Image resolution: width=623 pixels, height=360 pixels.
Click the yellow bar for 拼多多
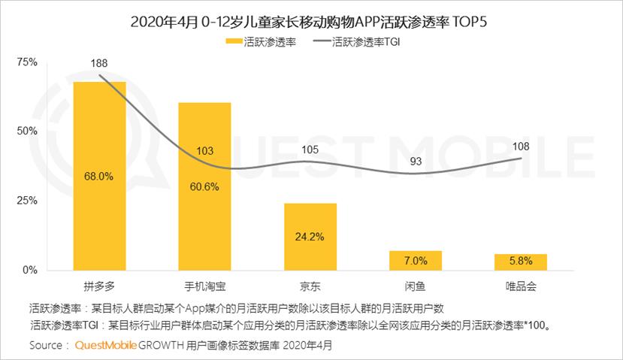pos(99,176)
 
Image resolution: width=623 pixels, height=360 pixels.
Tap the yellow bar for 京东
pos(310,237)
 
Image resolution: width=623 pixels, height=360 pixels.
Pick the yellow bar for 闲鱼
pos(415,260)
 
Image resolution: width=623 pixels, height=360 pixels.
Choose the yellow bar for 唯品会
pos(520,262)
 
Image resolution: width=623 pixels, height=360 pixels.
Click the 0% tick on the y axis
pos(31,270)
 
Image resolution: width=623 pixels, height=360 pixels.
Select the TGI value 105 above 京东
pos(310,149)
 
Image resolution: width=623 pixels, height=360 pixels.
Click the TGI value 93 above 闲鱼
pos(415,161)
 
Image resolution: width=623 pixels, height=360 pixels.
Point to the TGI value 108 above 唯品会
pos(520,145)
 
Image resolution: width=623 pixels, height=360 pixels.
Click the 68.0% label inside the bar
pos(99,176)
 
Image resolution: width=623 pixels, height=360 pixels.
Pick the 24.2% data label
pos(310,237)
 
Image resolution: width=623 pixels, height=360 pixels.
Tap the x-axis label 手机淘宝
pos(204,286)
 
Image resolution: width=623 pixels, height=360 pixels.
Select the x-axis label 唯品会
pos(520,286)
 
